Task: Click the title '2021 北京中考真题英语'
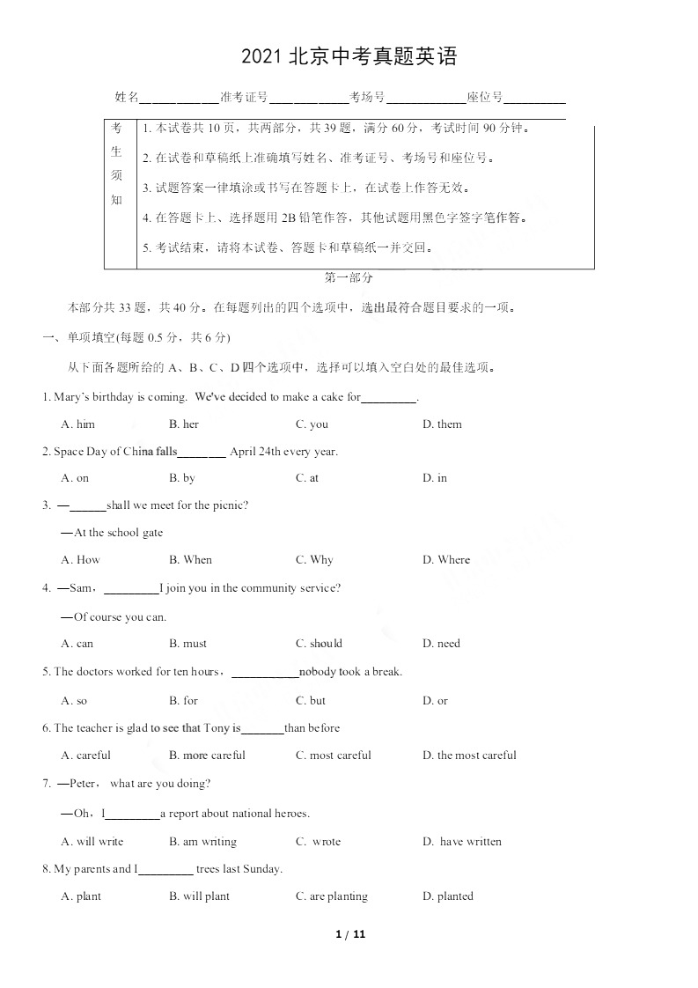tap(349, 58)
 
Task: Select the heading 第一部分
tap(349, 277)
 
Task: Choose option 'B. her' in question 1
tap(184, 424)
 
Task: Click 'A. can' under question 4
tap(77, 644)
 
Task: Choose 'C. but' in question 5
tap(311, 701)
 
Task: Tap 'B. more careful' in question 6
tap(207, 756)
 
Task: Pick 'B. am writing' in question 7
tap(202, 842)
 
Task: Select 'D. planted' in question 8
tap(448, 896)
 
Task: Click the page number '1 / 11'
tap(350, 934)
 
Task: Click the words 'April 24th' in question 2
tap(255, 452)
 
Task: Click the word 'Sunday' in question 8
tap(261, 869)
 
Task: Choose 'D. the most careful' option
tap(469, 756)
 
